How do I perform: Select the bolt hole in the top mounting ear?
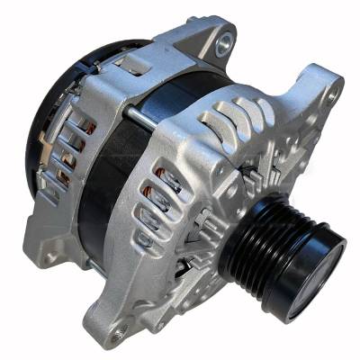coord(223,40)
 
